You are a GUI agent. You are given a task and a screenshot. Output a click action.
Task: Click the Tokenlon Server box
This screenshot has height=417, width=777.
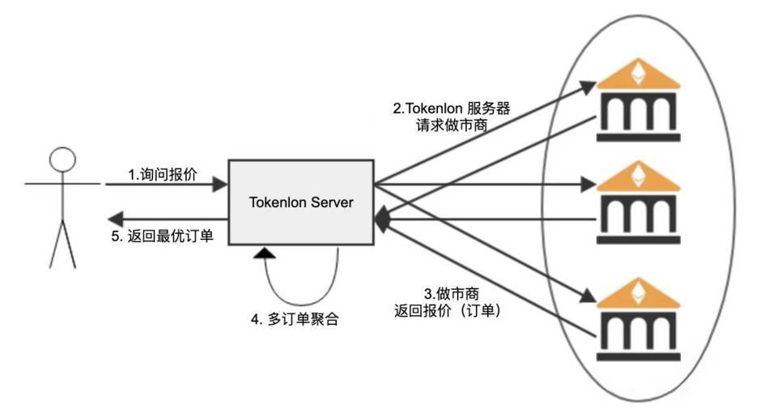click(300, 202)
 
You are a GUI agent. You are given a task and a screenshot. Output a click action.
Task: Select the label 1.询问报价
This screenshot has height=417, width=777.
click(162, 175)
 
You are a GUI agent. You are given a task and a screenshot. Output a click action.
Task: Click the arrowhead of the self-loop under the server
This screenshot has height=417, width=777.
click(263, 255)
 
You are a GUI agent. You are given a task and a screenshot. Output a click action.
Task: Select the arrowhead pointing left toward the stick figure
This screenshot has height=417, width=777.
click(115, 217)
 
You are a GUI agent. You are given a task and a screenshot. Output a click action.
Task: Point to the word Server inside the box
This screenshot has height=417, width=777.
click(333, 202)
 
